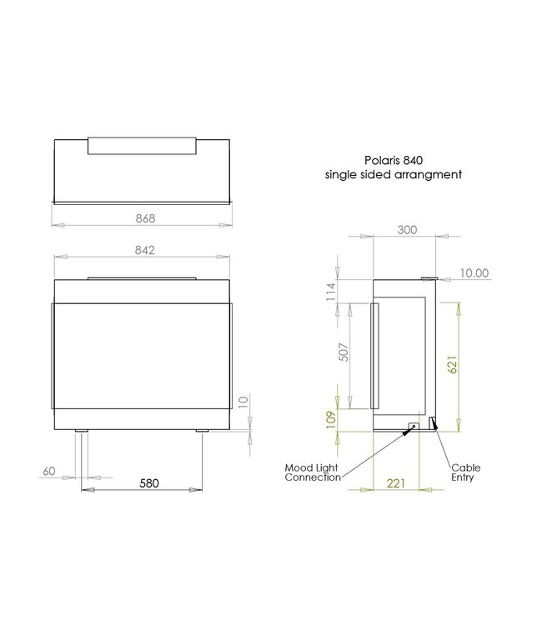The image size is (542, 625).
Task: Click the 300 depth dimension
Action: point(407,231)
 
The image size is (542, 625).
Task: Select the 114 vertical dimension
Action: point(331,291)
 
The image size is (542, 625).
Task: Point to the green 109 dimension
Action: point(331,417)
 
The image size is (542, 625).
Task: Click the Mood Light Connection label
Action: point(312,472)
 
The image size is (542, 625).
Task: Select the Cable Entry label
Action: point(465,472)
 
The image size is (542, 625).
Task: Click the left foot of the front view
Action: point(81,432)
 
